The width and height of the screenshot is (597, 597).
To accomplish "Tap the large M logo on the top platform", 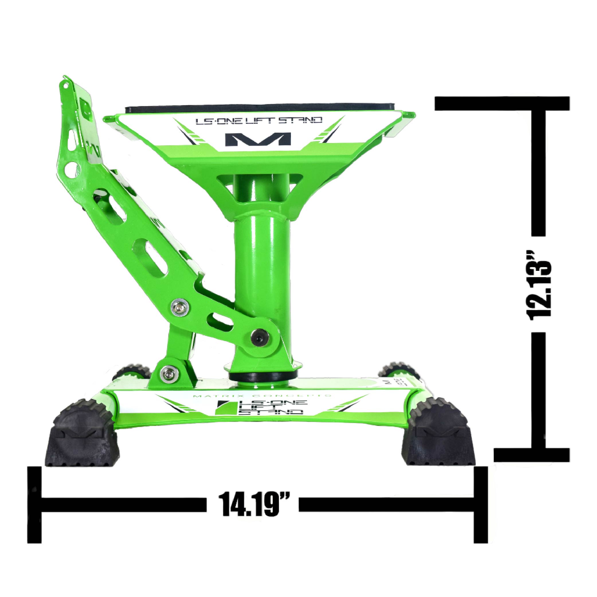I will (258, 139).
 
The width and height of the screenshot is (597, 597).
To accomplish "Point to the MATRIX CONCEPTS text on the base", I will (261, 396).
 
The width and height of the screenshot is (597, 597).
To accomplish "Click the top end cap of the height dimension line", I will (502, 103).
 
